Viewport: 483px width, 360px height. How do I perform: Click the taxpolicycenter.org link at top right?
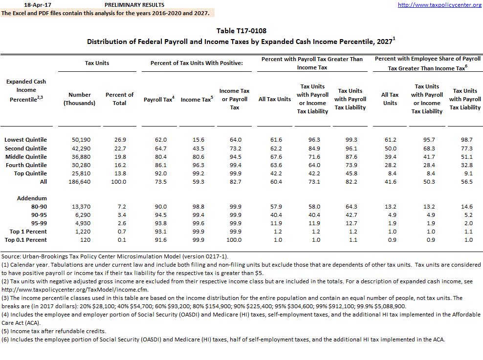[439, 5]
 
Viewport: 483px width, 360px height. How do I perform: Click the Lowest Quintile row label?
[26, 139]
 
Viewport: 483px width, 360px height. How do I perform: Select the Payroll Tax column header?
[159, 100]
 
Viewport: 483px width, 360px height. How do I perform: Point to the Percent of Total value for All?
[119, 182]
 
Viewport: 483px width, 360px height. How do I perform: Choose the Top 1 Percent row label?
[26, 231]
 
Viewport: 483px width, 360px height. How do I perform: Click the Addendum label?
[32, 198]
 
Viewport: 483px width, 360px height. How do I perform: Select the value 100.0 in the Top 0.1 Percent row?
[235, 240]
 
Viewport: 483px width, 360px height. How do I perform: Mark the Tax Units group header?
[97, 63]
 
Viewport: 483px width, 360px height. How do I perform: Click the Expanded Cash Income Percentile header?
[26, 90]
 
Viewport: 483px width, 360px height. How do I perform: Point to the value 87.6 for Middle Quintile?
[350, 157]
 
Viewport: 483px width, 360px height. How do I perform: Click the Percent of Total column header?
[119, 99]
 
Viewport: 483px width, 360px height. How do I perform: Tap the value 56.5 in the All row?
[464, 182]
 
